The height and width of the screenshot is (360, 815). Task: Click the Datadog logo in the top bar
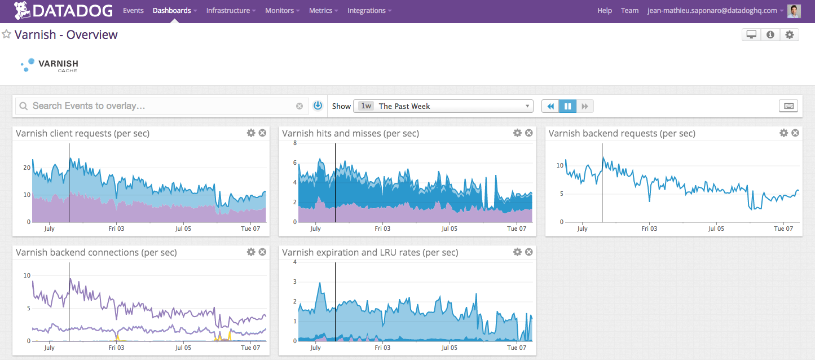(63, 10)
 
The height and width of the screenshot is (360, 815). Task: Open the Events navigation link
(133, 11)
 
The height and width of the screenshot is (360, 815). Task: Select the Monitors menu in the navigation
(280, 11)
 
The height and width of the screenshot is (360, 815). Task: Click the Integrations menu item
(367, 11)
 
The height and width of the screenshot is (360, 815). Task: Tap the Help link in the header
(605, 11)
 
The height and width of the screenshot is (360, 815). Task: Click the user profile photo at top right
(794, 11)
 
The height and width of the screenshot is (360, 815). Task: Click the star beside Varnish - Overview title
(7, 34)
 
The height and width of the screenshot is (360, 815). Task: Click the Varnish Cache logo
(49, 65)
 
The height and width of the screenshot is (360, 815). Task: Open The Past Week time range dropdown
(443, 106)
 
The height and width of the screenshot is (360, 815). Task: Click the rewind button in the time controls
(550, 106)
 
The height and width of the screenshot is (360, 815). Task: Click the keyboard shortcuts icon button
(788, 106)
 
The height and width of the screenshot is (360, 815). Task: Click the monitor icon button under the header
(751, 35)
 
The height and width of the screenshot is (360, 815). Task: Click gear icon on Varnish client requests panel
(251, 133)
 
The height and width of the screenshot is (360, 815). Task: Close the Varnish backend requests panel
(795, 133)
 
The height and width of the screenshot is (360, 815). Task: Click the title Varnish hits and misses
(350, 134)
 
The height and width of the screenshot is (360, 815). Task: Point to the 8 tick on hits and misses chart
(294, 143)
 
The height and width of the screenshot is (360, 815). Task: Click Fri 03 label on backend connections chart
(116, 348)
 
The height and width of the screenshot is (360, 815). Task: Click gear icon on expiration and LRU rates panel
(517, 252)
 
